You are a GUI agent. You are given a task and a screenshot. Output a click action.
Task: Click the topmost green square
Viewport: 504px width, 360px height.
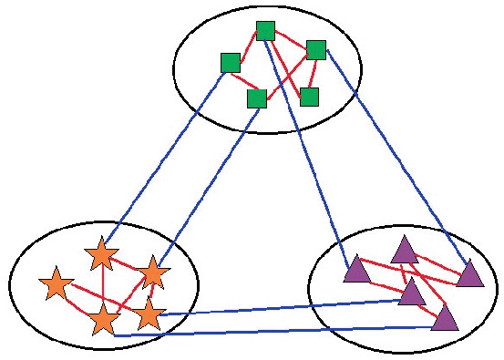pyautogui.click(x=265, y=31)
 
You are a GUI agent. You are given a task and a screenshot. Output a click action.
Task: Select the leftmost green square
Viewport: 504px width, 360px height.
pyautogui.click(x=231, y=62)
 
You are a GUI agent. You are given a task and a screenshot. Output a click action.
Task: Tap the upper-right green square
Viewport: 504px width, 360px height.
pyautogui.click(x=316, y=49)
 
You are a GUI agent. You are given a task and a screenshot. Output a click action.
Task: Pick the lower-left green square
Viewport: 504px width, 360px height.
pyautogui.click(x=257, y=98)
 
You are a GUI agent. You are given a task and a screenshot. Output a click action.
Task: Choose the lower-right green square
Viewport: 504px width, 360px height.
pyautogui.click(x=309, y=97)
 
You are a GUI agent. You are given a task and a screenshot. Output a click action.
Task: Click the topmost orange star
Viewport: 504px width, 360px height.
pyautogui.click(x=101, y=254)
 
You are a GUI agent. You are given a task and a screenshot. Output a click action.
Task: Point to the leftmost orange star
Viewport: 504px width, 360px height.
pyautogui.click(x=57, y=284)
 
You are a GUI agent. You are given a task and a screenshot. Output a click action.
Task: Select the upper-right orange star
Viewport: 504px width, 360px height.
pyautogui.click(x=152, y=272)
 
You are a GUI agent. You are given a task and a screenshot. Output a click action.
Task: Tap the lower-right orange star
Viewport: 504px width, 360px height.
pyautogui.click(x=149, y=314)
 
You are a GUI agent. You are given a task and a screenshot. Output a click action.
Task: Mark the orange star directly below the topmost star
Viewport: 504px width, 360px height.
pyautogui.click(x=104, y=319)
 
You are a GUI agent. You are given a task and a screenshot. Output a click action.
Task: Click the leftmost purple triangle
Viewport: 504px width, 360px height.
pyautogui.click(x=356, y=269)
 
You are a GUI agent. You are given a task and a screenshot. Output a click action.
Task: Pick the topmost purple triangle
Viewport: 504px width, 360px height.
pyautogui.click(x=404, y=250)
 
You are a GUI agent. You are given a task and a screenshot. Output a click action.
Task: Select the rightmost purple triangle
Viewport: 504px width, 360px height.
pyautogui.click(x=469, y=273)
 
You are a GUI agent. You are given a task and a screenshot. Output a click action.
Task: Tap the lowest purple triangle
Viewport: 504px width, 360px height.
pyautogui.click(x=444, y=317)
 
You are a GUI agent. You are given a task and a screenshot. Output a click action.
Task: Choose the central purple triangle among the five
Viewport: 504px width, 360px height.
pyautogui.click(x=412, y=293)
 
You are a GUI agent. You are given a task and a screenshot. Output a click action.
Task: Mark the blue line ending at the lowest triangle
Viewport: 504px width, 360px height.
pyautogui.click(x=273, y=331)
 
